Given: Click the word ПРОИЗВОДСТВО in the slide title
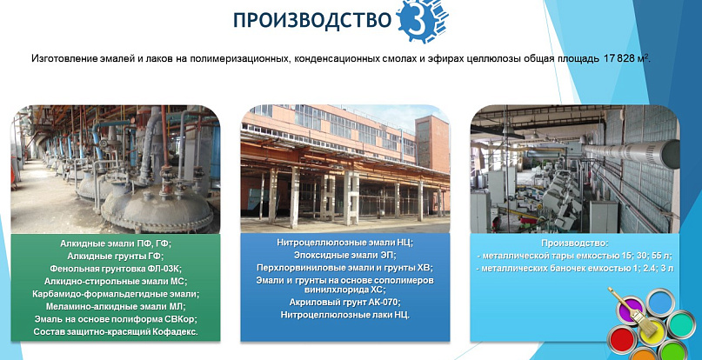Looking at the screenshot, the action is [x=312, y=20].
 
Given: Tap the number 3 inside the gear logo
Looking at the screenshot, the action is [x=417, y=21].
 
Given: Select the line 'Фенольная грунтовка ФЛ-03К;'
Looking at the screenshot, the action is [x=116, y=269].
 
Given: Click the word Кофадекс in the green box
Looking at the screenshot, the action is [x=177, y=332].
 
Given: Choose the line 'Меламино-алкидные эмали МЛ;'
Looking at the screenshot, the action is [x=116, y=307].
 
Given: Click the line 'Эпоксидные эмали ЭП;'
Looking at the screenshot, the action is [x=344, y=256].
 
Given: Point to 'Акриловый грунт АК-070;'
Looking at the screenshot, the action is [x=344, y=303].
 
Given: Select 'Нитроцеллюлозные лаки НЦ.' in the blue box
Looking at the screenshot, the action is [x=344, y=315].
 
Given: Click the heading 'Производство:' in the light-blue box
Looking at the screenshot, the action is [x=575, y=243].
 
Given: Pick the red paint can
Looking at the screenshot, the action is [x=622, y=340].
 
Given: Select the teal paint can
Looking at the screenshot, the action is [x=681, y=324].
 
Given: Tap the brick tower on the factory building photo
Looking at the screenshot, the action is [x=431, y=143].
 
